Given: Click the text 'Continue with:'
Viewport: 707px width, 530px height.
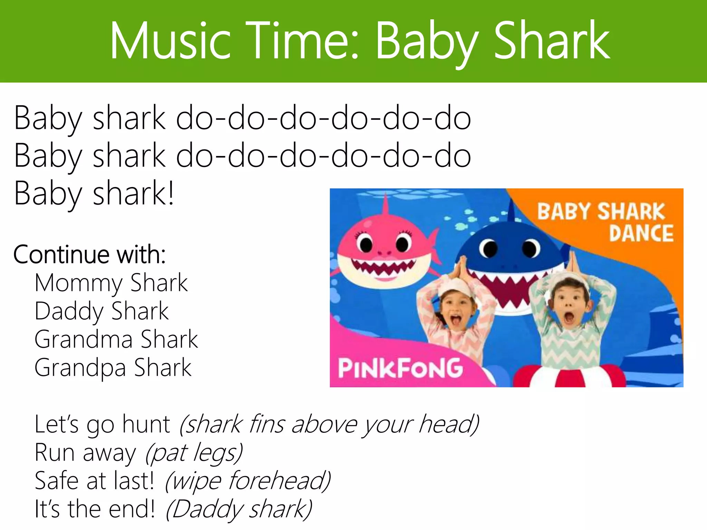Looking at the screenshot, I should (x=89, y=255).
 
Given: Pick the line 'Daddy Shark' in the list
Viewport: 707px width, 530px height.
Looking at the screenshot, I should (x=101, y=312).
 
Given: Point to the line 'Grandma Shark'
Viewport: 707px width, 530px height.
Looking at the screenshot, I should (x=116, y=340).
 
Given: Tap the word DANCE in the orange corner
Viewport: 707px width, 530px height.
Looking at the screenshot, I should (x=641, y=233).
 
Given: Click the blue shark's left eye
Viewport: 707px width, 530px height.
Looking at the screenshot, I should (x=488, y=248).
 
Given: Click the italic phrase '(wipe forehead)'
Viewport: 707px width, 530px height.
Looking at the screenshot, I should (x=248, y=481).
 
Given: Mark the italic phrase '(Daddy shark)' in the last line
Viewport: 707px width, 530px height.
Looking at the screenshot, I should (x=239, y=509).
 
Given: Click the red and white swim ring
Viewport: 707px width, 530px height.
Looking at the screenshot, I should (x=570, y=378).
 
